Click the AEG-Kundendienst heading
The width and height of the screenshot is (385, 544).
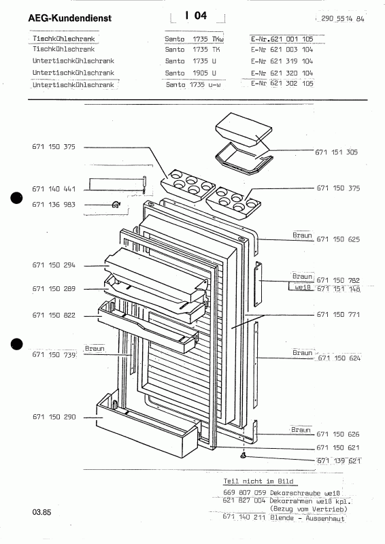70,18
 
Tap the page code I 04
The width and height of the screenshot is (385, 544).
196,16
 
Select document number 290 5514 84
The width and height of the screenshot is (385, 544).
342,19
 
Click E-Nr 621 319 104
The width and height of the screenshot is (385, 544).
282,61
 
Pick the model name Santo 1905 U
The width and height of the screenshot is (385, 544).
190,73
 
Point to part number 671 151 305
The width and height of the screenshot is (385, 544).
337,152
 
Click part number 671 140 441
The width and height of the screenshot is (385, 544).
54,189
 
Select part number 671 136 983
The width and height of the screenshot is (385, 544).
54,205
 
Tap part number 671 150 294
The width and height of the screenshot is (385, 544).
54,265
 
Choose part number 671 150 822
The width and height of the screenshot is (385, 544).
54,315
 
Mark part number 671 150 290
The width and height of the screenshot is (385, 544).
54,417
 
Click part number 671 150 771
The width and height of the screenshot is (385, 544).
338,314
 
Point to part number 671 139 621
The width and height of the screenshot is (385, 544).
339,461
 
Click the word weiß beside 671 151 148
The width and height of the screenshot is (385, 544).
303,288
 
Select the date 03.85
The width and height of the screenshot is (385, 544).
41,512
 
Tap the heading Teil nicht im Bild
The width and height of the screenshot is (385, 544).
258,481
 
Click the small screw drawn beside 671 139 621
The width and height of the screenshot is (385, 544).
244,455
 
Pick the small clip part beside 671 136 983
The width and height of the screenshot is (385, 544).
116,205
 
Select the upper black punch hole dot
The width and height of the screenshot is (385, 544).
16,198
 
